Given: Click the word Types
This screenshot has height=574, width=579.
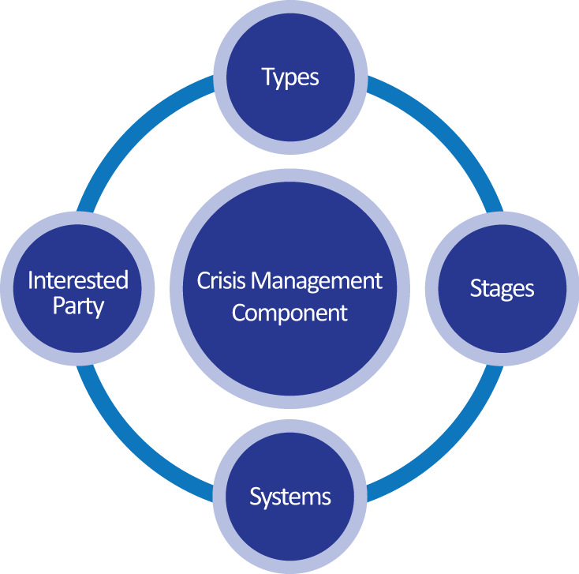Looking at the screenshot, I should [x=290, y=77].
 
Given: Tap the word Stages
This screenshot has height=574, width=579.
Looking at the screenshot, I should [x=502, y=288].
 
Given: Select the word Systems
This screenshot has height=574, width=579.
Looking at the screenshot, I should [x=290, y=497].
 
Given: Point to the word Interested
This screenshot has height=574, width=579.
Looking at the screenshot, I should [x=78, y=280].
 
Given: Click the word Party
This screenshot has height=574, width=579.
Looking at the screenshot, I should [x=78, y=306].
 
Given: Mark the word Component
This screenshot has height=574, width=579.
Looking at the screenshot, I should [x=289, y=312].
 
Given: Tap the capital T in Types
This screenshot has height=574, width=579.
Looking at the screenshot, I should [x=267, y=77].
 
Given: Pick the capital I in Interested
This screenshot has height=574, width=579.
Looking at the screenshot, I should [x=31, y=280].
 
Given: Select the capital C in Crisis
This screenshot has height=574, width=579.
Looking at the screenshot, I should [x=202, y=280].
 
